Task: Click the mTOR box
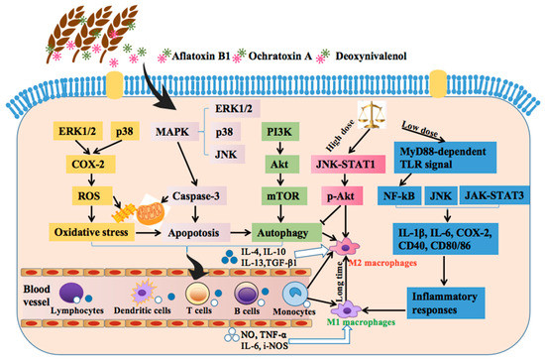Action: point(279,197)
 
